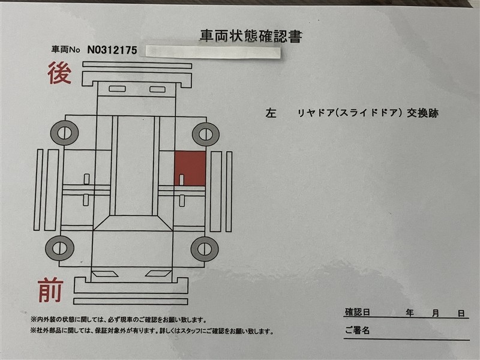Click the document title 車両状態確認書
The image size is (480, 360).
pos(251,36)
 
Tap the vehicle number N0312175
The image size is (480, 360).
pos(112,50)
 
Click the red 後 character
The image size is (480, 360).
pos(59,73)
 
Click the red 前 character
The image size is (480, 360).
pos(51,290)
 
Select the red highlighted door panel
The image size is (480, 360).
pos(190,169)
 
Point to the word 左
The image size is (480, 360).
pos(271,113)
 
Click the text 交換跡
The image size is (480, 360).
pos(422,113)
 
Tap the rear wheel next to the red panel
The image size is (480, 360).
pos(206,134)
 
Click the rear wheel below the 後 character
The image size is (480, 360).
pos(65,133)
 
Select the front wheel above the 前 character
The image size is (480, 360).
pos(59,248)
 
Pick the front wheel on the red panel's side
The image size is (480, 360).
pos(205,249)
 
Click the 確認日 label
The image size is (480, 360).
pos(358,312)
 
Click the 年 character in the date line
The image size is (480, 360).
pos(410,313)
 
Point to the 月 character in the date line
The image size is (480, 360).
pos(436,313)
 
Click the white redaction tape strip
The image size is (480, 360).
pos(213,52)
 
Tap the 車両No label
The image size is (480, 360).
pos(65,49)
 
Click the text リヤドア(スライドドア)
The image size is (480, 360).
pos(350,113)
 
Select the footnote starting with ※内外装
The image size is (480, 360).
pos(118,320)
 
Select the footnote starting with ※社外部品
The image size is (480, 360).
pos(152,331)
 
